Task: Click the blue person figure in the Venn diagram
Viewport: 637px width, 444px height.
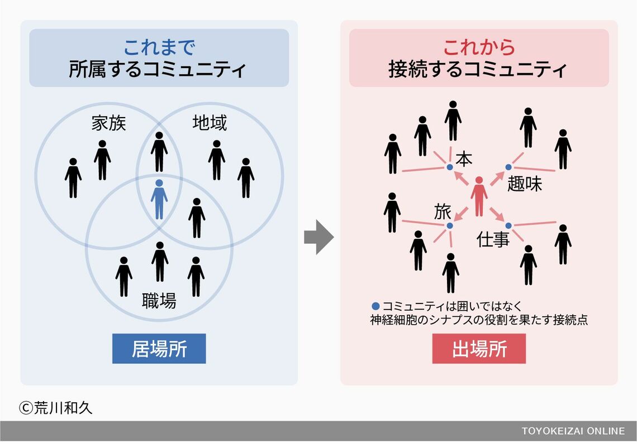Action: (x=159, y=199)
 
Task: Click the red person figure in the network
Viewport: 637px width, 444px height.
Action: (x=479, y=196)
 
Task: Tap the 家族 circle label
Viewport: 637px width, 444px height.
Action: (x=109, y=123)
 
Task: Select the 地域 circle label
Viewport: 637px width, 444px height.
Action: (x=210, y=123)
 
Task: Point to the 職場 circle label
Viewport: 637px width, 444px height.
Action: (x=159, y=301)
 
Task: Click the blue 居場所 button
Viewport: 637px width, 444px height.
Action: (x=159, y=349)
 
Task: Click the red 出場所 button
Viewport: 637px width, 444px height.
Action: (x=479, y=349)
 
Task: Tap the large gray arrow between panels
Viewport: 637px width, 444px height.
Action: (x=318, y=237)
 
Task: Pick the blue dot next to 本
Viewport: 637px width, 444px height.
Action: (x=449, y=167)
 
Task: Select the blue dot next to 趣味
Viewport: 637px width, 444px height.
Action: (x=508, y=167)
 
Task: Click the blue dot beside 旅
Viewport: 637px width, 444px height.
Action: (x=449, y=225)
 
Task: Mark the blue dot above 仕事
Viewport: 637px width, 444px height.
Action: (x=508, y=225)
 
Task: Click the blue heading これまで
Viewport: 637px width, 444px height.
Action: (x=159, y=47)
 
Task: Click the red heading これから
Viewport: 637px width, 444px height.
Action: (x=479, y=47)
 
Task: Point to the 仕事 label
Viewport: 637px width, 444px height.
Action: (x=493, y=240)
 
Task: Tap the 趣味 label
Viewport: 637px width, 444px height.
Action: (x=525, y=184)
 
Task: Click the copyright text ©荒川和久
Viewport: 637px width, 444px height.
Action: (x=55, y=408)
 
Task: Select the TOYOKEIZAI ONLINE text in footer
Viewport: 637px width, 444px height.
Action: (x=573, y=431)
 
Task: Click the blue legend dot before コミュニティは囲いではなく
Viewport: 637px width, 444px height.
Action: (x=375, y=306)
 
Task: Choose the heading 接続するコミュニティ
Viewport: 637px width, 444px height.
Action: (x=479, y=70)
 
